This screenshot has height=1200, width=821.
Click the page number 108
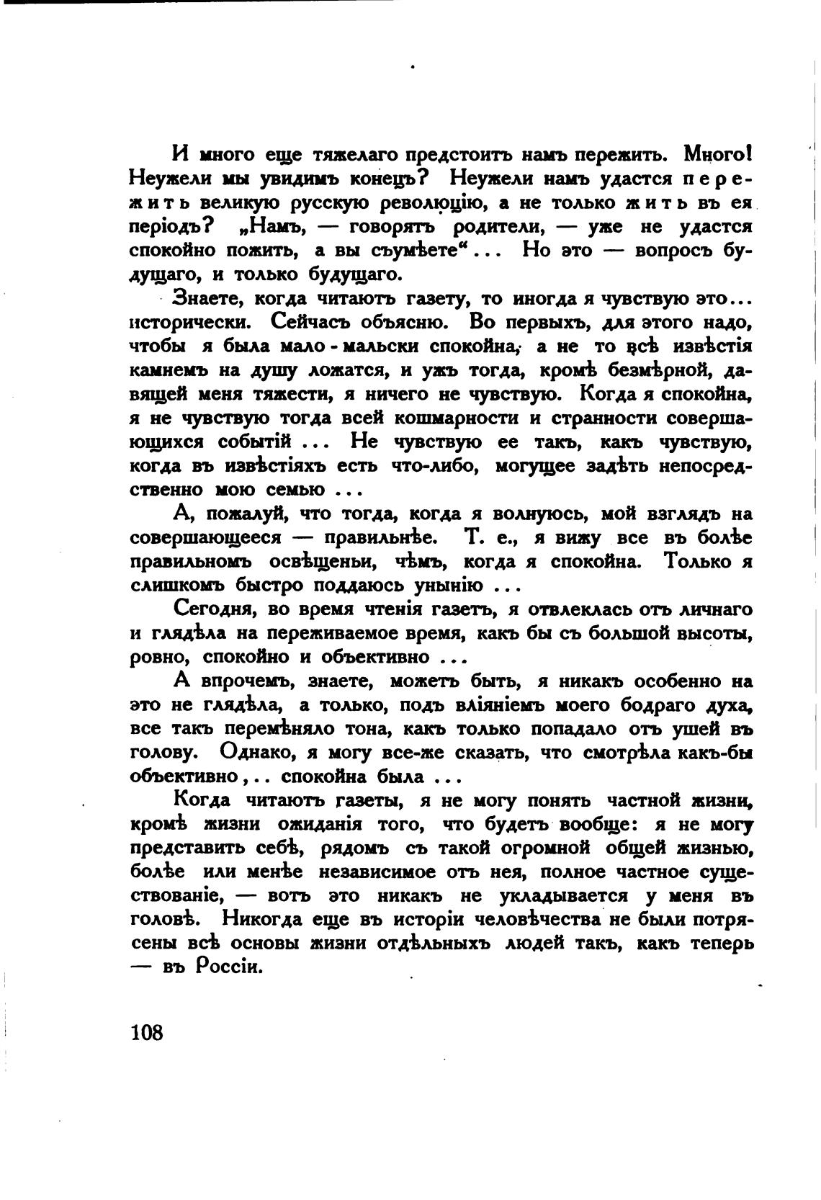[x=148, y=1032]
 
